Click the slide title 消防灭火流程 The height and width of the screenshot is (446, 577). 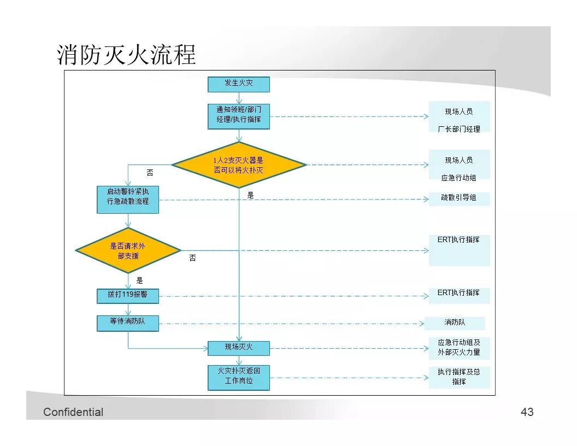(126, 56)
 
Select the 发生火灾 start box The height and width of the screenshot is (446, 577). (239, 84)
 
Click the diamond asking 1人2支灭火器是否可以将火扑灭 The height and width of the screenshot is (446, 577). (239, 165)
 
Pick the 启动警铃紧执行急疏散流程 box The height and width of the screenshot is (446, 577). (128, 199)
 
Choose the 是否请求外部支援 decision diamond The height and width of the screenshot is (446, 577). (128, 251)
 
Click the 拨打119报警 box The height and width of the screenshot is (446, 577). (128, 295)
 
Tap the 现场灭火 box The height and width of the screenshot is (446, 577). (239, 348)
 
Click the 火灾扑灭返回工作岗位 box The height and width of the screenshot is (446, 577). (239, 377)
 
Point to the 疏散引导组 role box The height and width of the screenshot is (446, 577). (459, 198)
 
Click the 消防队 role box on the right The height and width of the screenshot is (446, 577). (455, 323)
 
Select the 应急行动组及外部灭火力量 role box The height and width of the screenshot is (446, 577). (459, 348)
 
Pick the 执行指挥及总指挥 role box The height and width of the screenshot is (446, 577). (459, 377)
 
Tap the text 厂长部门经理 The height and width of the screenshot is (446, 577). (459, 130)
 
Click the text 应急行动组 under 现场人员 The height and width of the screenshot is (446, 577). (459, 178)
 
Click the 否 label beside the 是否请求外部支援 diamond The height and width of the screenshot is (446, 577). (192, 259)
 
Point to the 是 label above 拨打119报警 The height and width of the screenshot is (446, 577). (139, 281)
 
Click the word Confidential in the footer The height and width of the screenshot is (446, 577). (73, 412)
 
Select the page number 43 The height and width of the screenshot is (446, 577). (527, 412)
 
